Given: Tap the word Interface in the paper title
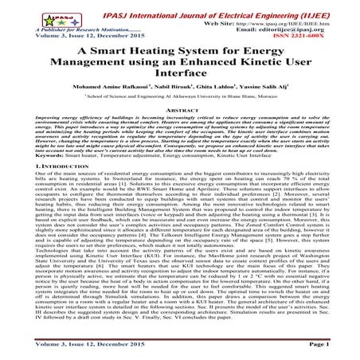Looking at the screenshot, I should pyautogui.click(x=180, y=81).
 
